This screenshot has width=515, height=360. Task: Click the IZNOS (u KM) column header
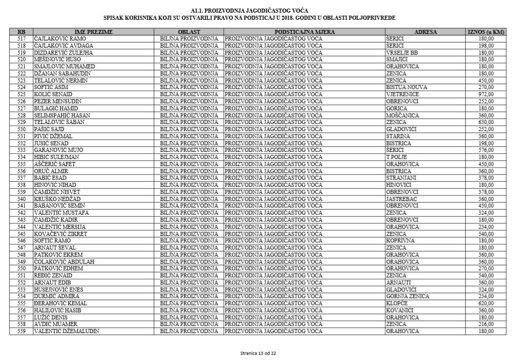(486, 32)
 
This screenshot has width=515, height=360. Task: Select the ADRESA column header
(425, 32)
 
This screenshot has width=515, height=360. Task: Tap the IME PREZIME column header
(94, 32)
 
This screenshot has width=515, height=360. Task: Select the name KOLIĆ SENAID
(53, 94)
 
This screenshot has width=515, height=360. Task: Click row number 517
(21, 38)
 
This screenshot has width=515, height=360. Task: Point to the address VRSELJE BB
(402, 53)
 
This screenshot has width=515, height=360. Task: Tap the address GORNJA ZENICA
(407, 296)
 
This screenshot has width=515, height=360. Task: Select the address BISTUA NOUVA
(406, 87)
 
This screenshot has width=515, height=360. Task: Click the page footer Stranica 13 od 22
(258, 352)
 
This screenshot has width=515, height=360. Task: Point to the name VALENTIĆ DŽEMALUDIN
(66, 331)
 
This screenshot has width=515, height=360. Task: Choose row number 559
(21, 331)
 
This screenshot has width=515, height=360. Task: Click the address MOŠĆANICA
(403, 115)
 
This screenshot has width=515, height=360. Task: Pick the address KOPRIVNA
(400, 241)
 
